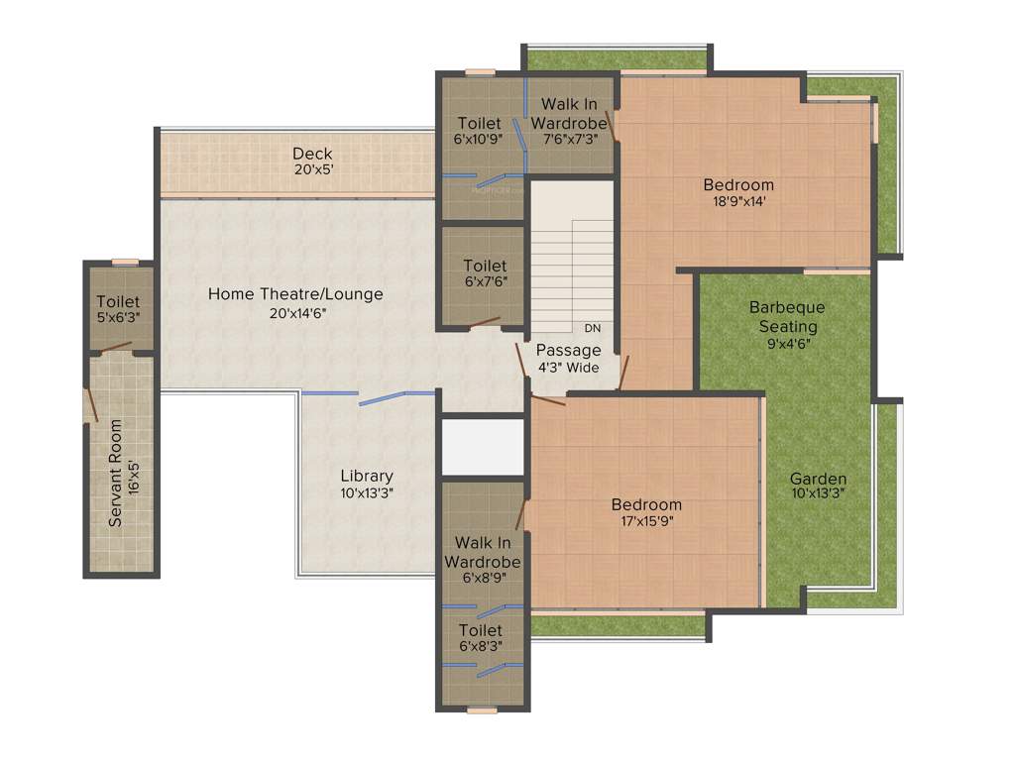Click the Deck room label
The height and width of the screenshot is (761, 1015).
coord(312,154)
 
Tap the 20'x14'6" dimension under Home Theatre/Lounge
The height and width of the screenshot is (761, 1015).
coord(295,313)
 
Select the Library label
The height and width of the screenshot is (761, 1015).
coord(367,476)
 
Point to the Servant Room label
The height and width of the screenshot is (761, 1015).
coord(116,473)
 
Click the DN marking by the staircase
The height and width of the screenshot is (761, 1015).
coord(592,328)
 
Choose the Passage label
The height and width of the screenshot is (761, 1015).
coord(568,350)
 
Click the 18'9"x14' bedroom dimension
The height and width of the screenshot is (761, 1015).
coord(738,202)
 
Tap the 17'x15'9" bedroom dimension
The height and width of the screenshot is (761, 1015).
coord(646,522)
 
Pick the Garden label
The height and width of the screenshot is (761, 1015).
coord(818,480)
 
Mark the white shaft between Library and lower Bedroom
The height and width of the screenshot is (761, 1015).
coord(483,446)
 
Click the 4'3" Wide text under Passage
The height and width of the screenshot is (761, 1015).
coord(568,368)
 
